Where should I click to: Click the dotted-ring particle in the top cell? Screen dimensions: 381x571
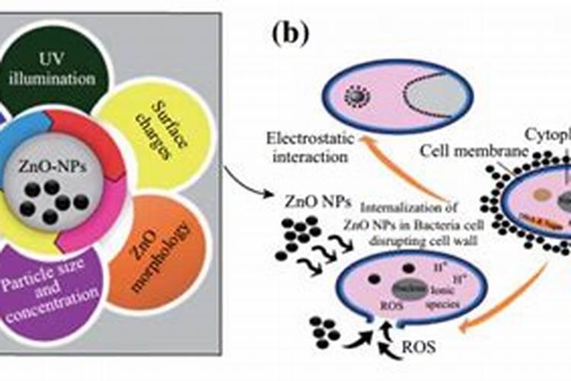point(355,95)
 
